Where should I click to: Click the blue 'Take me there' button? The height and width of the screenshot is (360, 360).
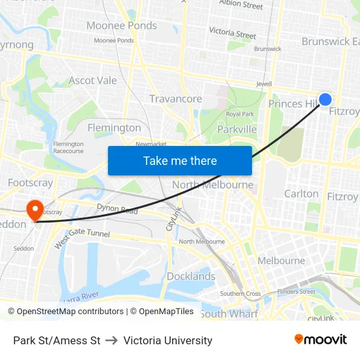[x=180, y=160]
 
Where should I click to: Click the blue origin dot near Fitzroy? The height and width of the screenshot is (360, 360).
[x=325, y=99]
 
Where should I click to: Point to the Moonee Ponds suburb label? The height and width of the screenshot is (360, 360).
[x=122, y=26]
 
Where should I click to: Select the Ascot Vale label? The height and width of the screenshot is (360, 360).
[x=93, y=81]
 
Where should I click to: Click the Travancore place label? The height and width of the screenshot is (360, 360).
[x=175, y=99]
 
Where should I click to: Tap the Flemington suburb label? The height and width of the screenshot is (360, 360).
[x=114, y=128]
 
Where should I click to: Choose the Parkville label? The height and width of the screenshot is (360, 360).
[x=237, y=130]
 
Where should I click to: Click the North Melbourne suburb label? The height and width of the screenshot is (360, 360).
[x=213, y=185]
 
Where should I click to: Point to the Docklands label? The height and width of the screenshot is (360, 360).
[x=191, y=276]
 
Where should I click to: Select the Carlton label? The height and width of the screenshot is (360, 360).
[x=301, y=194]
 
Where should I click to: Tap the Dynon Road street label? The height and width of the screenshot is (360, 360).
[x=117, y=211]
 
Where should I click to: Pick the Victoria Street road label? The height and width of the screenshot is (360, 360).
[x=232, y=33]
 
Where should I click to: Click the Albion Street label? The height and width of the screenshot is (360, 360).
[x=241, y=5]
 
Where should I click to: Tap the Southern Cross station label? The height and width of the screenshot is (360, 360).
[x=240, y=294]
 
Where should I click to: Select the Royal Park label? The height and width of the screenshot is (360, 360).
[x=240, y=114]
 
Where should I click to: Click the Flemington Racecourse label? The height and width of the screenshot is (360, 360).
[x=69, y=147]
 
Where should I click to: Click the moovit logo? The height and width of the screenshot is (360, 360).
[x=321, y=340]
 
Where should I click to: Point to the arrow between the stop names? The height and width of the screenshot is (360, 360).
[x=111, y=340]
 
